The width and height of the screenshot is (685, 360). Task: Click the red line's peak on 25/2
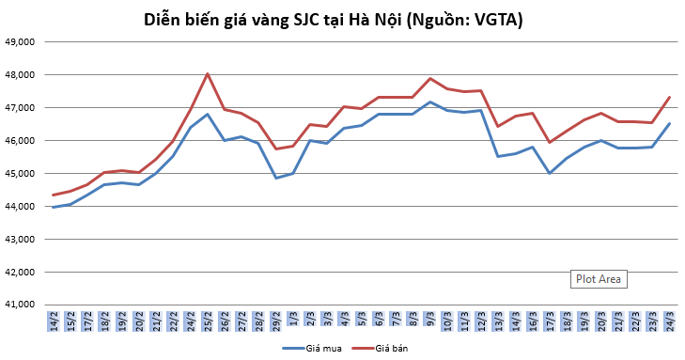pyautogui.click(x=208, y=73)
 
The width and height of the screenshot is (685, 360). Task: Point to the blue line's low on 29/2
pyautogui.click(x=276, y=178)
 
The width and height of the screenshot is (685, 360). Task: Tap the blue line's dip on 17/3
pyautogui.click(x=550, y=173)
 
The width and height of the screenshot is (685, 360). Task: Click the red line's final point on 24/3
pyautogui.click(x=669, y=97)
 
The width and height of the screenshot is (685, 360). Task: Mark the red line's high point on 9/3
pyautogui.click(x=430, y=78)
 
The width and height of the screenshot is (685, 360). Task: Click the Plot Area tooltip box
pyautogui.click(x=599, y=279)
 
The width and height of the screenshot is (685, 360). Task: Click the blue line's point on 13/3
pyautogui.click(x=498, y=156)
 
